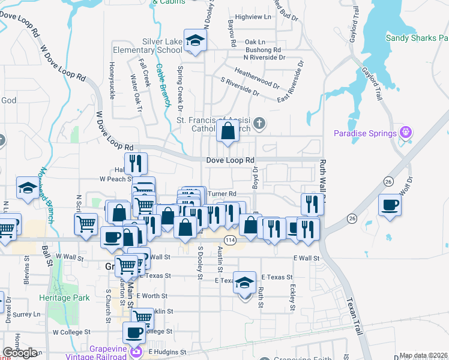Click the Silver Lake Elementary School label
pos(162,46)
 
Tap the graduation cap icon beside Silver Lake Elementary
pos(194,40)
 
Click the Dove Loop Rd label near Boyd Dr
pos(231,160)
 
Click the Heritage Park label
pos(64,298)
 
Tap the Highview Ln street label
pos(255,17)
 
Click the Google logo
pos(20,353)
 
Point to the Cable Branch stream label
pos(161,84)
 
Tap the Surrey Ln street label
pos(27,314)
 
